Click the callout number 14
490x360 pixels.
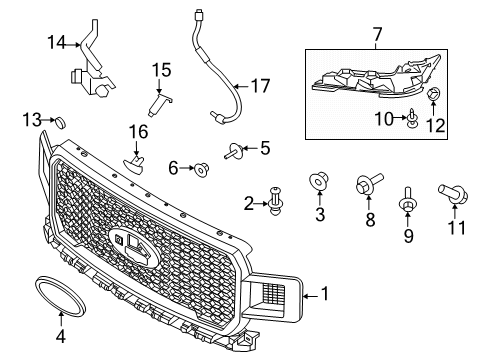click(56, 41)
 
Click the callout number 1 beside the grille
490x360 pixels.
click(323, 293)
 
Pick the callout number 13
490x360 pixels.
click(31, 120)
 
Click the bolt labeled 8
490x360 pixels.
click(366, 185)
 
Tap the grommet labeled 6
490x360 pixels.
click(201, 169)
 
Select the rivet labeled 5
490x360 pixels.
click(235, 152)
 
